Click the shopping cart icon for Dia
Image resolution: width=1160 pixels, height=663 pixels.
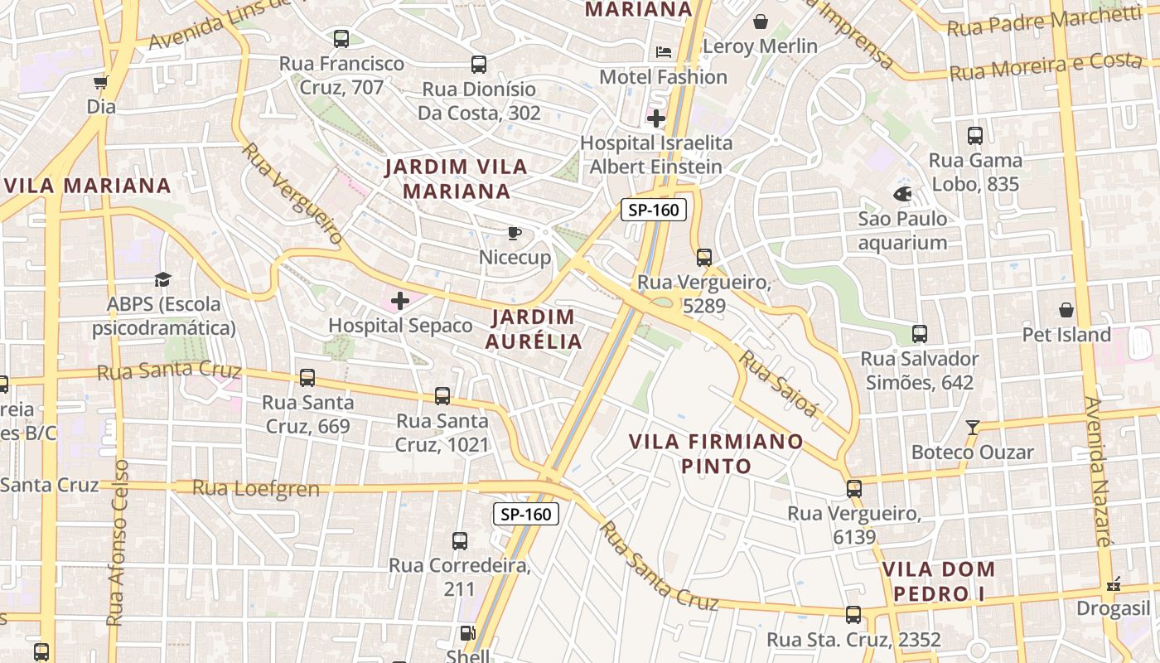(100, 82)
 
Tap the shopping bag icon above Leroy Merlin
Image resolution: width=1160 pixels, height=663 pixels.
(760, 22)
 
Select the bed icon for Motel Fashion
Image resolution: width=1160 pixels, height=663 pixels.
(664, 51)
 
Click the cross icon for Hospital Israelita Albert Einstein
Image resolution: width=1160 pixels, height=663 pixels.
(656, 119)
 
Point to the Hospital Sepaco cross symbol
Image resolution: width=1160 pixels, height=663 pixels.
(400, 301)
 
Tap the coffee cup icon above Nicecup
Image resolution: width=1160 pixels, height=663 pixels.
(514, 233)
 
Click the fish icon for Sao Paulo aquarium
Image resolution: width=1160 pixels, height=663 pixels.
(902, 194)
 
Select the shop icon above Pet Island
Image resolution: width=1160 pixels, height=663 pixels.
(1066, 310)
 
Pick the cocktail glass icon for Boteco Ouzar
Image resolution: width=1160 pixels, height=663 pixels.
(973, 428)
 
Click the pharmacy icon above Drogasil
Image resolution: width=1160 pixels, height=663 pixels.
(1114, 584)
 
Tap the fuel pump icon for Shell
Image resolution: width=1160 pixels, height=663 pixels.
(467, 634)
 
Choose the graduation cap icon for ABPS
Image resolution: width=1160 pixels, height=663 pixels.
(162, 280)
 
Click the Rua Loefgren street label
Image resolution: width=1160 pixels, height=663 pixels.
(256, 488)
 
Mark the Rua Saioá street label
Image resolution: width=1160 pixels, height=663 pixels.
(778, 384)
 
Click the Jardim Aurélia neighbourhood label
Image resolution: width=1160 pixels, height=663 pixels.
(534, 329)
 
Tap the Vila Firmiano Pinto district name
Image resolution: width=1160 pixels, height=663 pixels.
(716, 453)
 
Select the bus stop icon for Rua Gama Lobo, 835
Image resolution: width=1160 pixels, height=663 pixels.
(975, 136)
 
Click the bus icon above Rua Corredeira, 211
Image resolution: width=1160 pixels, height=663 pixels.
(460, 541)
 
